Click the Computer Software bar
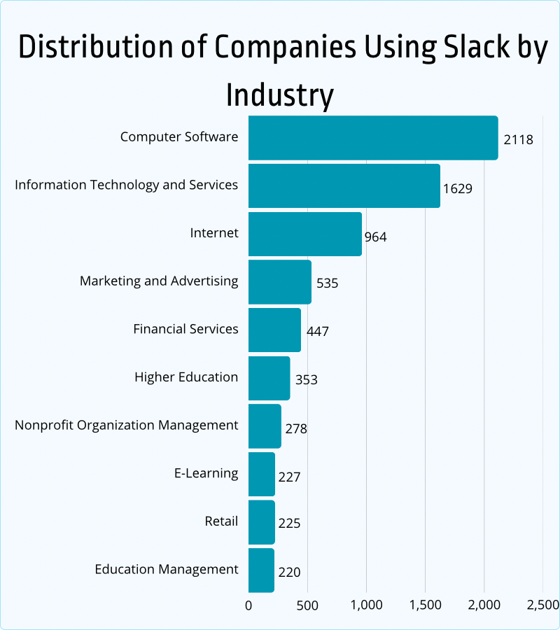pyautogui.click(x=373, y=138)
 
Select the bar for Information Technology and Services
pyautogui.click(x=344, y=185)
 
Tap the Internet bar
pyautogui.click(x=305, y=234)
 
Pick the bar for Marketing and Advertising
pyautogui.click(x=280, y=281)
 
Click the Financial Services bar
pyautogui.click(x=274, y=330)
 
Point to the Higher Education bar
pyautogui.click(x=269, y=378)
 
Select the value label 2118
pyautogui.click(x=518, y=139)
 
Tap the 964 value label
pyautogui.click(x=375, y=237)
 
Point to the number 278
pyautogui.click(x=295, y=428)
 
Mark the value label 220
pyautogui.click(x=288, y=572)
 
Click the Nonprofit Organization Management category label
pyautogui.click(x=127, y=425)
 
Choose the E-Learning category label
pyautogui.click(x=206, y=473)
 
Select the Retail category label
pyautogui.click(x=221, y=521)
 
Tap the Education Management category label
pyautogui.click(x=167, y=569)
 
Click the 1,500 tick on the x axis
pyautogui.click(x=425, y=605)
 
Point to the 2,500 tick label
pyautogui.click(x=542, y=605)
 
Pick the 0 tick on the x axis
pyautogui.click(x=248, y=605)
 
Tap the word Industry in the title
pyautogui.click(x=279, y=94)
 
